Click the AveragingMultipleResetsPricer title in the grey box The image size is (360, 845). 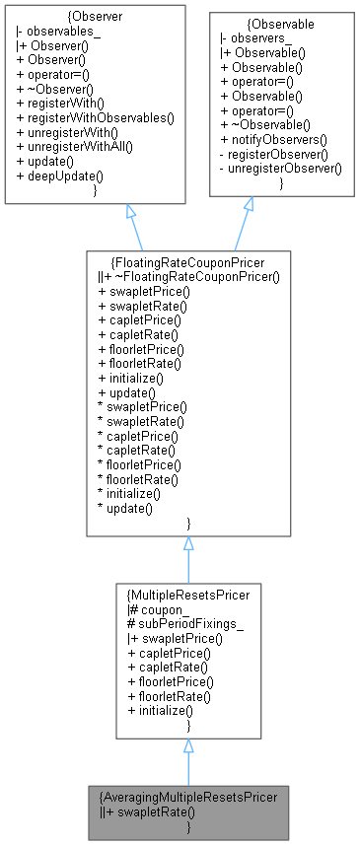click(188, 796)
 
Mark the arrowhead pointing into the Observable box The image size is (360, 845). click(249, 204)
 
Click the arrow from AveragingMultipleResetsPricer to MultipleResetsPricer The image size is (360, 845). click(188, 759)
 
